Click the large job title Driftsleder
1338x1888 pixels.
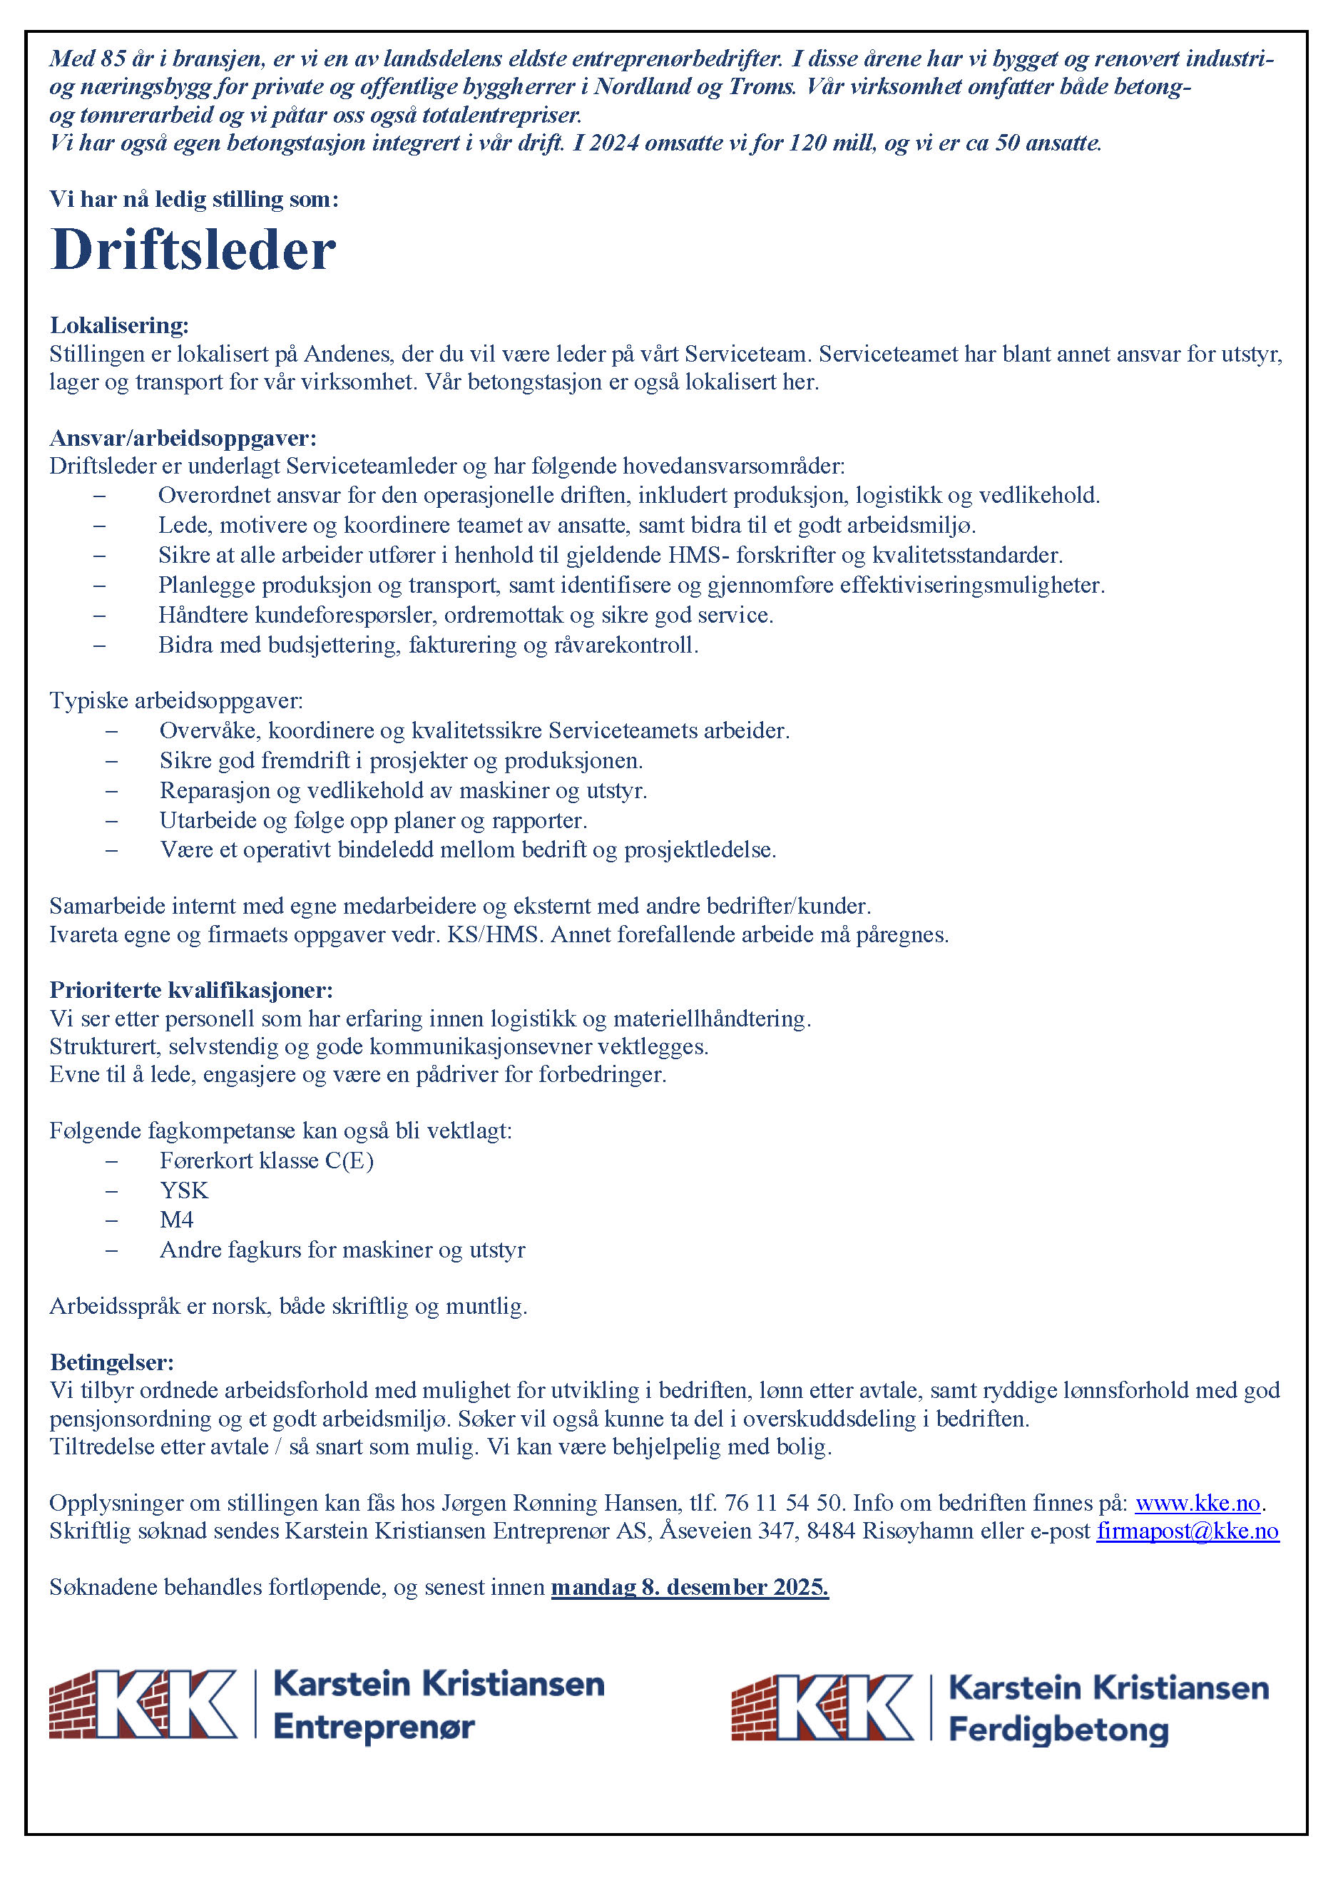click(x=193, y=250)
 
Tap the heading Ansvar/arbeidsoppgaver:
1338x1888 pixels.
click(x=182, y=437)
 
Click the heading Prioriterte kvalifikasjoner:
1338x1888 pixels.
click(x=191, y=989)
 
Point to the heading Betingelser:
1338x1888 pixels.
click(x=111, y=1362)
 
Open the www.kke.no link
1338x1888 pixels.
click(x=1197, y=1503)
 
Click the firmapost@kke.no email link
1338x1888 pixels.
click(x=1188, y=1531)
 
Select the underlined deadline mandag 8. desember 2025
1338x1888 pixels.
click(x=690, y=1586)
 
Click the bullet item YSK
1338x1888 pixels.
click(x=184, y=1190)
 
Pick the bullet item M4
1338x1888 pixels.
click(x=176, y=1220)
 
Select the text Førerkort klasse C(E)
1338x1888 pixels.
click(x=266, y=1160)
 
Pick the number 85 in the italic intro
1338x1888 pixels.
click(x=113, y=59)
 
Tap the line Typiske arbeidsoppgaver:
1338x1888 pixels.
click(x=175, y=701)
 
